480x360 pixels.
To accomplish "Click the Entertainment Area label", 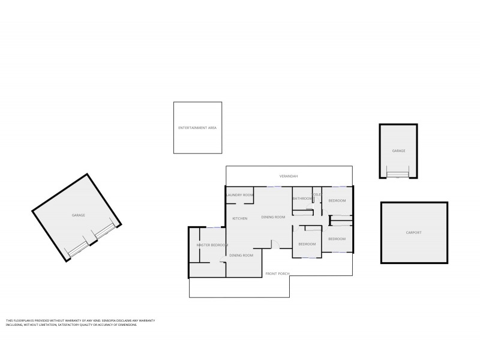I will tap(197, 128).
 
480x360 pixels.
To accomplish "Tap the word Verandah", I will tap(289, 176).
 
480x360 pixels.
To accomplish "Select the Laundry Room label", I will tap(240, 195).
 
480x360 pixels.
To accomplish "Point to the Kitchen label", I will tap(240, 218).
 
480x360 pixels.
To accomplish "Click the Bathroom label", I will tap(302, 199).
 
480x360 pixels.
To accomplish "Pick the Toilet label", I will tap(317, 194).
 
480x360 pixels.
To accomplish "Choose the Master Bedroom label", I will tap(212, 245).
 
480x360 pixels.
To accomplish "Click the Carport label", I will tap(413, 232).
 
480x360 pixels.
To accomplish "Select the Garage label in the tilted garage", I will tap(78, 215).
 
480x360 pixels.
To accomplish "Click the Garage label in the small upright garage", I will tap(398, 151).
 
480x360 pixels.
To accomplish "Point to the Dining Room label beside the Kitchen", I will tap(273, 217).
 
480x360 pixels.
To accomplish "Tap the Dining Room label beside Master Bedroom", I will tap(241, 255).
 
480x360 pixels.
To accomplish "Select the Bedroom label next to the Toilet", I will tap(337, 200).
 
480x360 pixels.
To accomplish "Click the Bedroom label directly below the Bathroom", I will tap(307, 244).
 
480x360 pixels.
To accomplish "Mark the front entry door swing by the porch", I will tap(275, 244).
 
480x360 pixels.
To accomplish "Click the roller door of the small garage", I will tap(398, 175).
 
